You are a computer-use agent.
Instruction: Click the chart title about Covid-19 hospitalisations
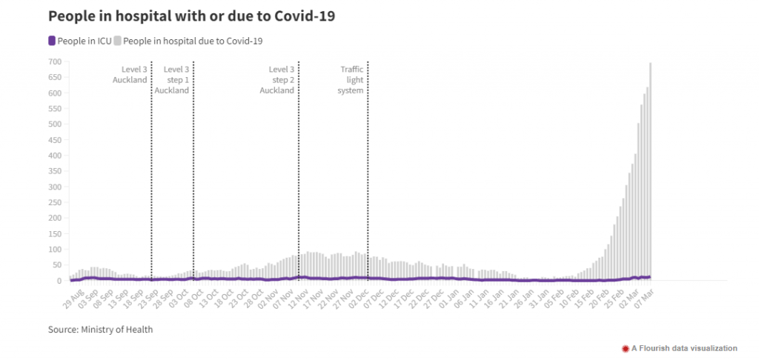click(x=192, y=16)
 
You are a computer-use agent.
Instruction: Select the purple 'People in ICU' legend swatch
click(x=52, y=41)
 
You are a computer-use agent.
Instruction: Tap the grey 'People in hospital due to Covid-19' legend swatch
click(x=117, y=41)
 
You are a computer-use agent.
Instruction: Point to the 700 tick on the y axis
click(x=56, y=61)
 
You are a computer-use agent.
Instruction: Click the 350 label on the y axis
click(x=56, y=171)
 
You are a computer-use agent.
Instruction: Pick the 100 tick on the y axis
click(x=56, y=250)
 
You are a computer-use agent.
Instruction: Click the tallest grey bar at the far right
click(x=651, y=171)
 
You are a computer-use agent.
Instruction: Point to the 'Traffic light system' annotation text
click(x=352, y=79)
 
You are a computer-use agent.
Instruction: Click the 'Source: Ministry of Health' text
click(x=100, y=330)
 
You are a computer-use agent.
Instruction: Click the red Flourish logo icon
click(x=626, y=348)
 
